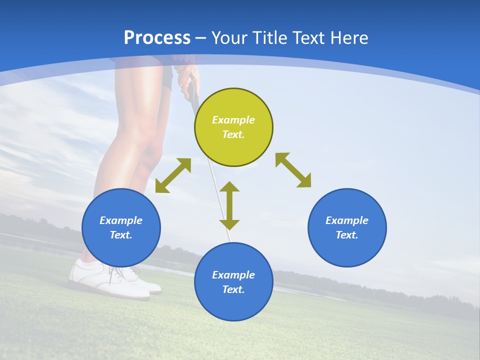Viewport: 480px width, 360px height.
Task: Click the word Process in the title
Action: click(x=157, y=38)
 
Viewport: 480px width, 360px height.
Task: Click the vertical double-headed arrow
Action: click(x=229, y=205)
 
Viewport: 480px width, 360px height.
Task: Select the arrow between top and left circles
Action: click(x=173, y=175)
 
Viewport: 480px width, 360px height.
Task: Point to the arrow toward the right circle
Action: click(x=293, y=170)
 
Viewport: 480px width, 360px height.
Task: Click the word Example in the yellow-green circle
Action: click(x=233, y=120)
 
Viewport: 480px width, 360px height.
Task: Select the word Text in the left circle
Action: click(x=120, y=235)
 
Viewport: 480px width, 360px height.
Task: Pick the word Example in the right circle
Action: click(x=347, y=220)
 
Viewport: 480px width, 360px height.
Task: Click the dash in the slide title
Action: click(x=200, y=38)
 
